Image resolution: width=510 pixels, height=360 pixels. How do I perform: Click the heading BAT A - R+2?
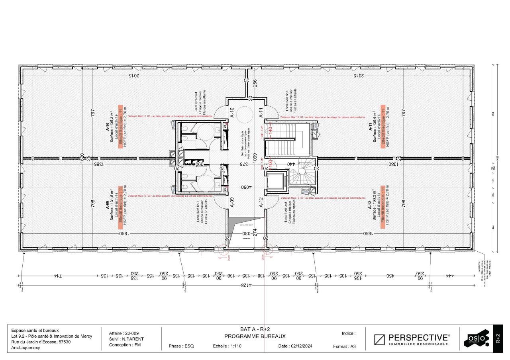tap(255, 329)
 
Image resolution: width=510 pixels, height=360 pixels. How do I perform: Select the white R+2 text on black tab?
tap(498, 339)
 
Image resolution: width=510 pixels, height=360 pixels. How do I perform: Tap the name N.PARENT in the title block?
tap(132, 339)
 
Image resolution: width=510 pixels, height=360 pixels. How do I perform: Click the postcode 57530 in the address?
tap(64, 342)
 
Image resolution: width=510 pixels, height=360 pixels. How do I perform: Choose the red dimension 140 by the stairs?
tap(270, 130)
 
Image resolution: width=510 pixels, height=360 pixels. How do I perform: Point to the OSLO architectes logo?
tap(476, 339)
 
